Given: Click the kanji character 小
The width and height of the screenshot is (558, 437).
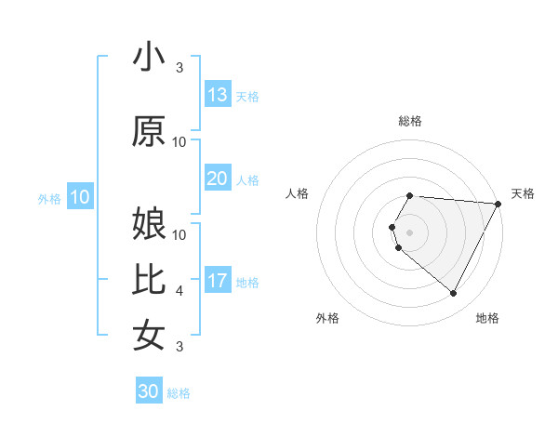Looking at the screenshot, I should [x=149, y=58].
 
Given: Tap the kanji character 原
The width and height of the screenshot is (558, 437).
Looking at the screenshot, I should [x=149, y=132].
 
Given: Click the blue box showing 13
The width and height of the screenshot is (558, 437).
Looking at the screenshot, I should [x=218, y=95].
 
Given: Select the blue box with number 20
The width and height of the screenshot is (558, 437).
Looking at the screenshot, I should [x=218, y=179].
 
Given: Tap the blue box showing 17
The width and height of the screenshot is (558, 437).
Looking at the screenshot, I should [x=218, y=281].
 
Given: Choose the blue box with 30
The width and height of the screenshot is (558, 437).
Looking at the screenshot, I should [x=149, y=391].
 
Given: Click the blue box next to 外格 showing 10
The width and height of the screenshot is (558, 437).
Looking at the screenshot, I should [x=80, y=197].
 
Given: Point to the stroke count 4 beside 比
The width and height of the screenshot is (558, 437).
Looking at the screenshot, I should [x=179, y=291].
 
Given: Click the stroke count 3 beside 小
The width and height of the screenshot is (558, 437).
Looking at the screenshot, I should [x=179, y=68].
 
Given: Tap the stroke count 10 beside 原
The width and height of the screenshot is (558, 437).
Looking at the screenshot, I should [x=179, y=142].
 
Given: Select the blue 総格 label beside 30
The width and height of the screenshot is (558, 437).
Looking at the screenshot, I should [x=179, y=393].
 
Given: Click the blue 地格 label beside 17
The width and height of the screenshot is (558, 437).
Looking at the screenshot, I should [x=247, y=283].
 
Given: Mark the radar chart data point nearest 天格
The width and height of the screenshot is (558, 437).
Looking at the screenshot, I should [x=498, y=204].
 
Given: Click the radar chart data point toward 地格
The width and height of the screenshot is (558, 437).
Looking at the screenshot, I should [x=453, y=294].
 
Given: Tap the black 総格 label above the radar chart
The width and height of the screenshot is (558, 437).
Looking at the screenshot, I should [x=409, y=121].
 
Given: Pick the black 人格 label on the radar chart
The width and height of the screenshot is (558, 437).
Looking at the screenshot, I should [x=297, y=193].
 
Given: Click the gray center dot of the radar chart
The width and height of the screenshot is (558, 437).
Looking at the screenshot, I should [x=409, y=232].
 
